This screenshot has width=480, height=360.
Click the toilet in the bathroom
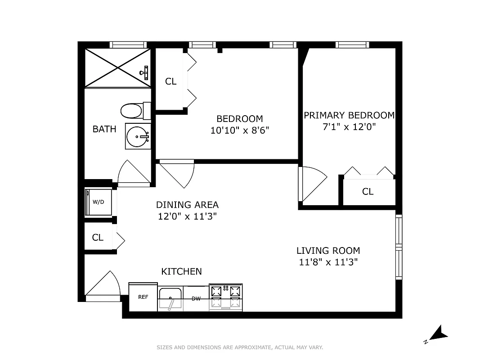point(134,110)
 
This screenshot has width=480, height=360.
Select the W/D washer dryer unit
point(99,202)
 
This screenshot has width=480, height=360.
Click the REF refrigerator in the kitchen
point(143,297)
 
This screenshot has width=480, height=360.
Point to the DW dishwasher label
point(196,299)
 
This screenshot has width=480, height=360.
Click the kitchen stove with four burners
point(226,297)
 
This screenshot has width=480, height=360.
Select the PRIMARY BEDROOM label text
point(349,115)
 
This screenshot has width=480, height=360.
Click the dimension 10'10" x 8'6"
point(239,130)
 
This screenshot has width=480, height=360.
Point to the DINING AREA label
point(187,205)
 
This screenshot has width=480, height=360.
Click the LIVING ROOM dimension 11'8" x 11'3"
point(328,262)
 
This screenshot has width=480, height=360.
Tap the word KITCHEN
point(181,271)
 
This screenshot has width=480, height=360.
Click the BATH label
point(104,129)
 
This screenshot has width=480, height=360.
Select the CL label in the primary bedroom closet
point(368,192)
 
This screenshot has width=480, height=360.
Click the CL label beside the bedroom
point(170,81)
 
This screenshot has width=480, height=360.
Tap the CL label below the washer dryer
point(98,238)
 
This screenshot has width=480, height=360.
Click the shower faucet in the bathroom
point(145,71)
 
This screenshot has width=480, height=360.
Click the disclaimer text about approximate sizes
point(239,347)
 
